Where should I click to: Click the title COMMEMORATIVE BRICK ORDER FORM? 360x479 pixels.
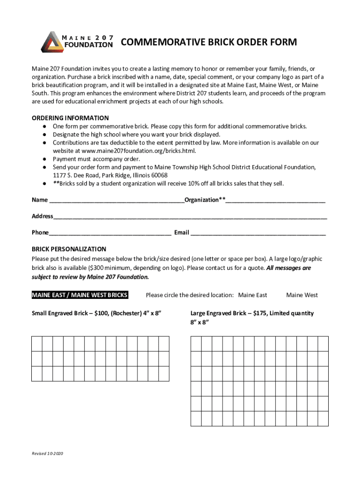coord(209,43)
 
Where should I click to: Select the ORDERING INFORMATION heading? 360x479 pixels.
coord(70,118)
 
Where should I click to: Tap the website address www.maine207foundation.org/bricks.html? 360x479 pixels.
coord(138,151)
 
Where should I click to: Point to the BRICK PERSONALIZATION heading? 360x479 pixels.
coord(69,249)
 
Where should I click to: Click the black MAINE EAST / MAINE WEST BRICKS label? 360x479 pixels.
coord(79,295)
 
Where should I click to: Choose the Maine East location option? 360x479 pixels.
coord(252,295)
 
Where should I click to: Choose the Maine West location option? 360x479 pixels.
coord(302,295)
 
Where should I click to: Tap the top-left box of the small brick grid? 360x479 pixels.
coord(37,344)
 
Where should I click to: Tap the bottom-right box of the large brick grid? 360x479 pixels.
coord(323,419)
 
